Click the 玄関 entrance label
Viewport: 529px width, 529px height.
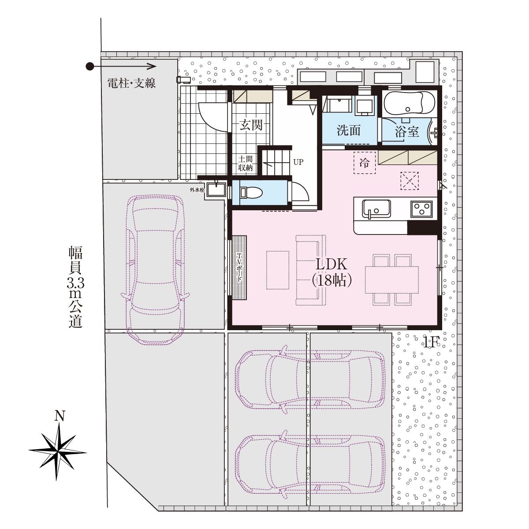251,125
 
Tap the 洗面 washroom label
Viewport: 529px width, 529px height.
348,130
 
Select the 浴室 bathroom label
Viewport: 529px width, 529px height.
407,131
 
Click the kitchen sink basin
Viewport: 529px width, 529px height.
376,209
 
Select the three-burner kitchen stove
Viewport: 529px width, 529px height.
421,209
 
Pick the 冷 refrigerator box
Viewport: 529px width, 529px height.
364,163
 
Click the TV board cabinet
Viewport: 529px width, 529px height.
239,268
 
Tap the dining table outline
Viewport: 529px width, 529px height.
392,280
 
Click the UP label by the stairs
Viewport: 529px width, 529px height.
298,162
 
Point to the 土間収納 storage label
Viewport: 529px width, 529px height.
245,164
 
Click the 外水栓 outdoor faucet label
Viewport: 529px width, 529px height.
197,190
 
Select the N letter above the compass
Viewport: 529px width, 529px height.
60,416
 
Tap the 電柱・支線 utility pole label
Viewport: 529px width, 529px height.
131,83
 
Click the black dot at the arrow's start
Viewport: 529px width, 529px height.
90,67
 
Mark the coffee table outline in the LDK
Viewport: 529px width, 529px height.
278,270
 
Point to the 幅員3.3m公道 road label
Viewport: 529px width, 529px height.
75,287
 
